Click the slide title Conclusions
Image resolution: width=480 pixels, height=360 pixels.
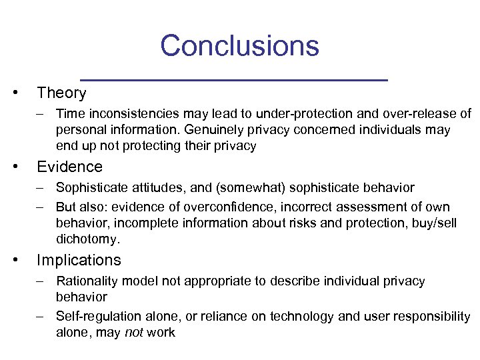tap(239, 46)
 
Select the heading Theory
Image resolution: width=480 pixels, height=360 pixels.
tap(61, 93)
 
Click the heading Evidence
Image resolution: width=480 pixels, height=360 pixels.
tap(69, 167)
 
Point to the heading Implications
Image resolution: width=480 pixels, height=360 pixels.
tap(79, 260)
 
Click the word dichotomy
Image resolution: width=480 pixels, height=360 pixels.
tap(87, 239)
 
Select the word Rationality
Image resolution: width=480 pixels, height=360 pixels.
tap(87, 281)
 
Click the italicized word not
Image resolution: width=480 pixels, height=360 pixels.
tap(133, 332)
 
